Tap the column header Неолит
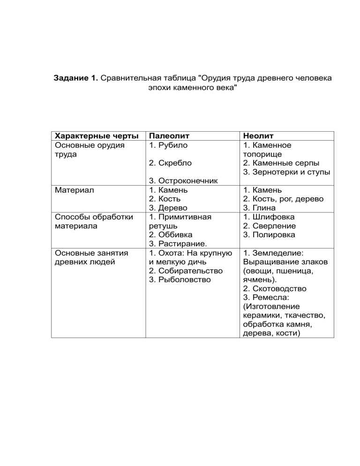click(258, 136)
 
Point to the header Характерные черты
click(96, 136)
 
